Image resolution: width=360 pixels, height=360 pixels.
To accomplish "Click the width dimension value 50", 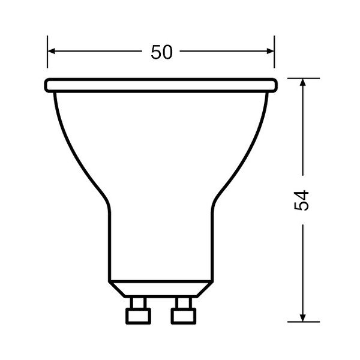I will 161,52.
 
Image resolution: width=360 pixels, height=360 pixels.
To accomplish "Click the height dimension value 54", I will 302,199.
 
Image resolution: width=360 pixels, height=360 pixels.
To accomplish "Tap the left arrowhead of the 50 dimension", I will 52,52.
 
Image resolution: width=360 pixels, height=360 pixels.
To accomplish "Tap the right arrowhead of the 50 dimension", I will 271,52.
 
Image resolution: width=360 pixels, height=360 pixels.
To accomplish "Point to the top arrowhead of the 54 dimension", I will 304,82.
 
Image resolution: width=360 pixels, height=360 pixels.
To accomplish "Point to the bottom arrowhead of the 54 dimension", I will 304,317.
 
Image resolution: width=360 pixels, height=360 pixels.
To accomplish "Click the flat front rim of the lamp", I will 161,85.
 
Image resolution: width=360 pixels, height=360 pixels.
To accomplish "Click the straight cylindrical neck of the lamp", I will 161,240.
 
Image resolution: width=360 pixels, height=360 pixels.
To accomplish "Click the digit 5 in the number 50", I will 155,52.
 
